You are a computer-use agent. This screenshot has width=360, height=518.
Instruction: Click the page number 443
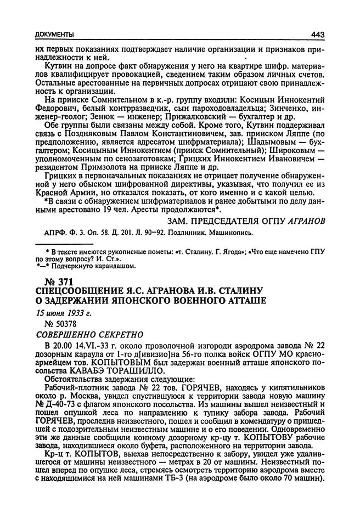pos(318,35)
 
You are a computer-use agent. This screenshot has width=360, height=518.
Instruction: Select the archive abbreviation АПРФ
pos(50,232)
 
